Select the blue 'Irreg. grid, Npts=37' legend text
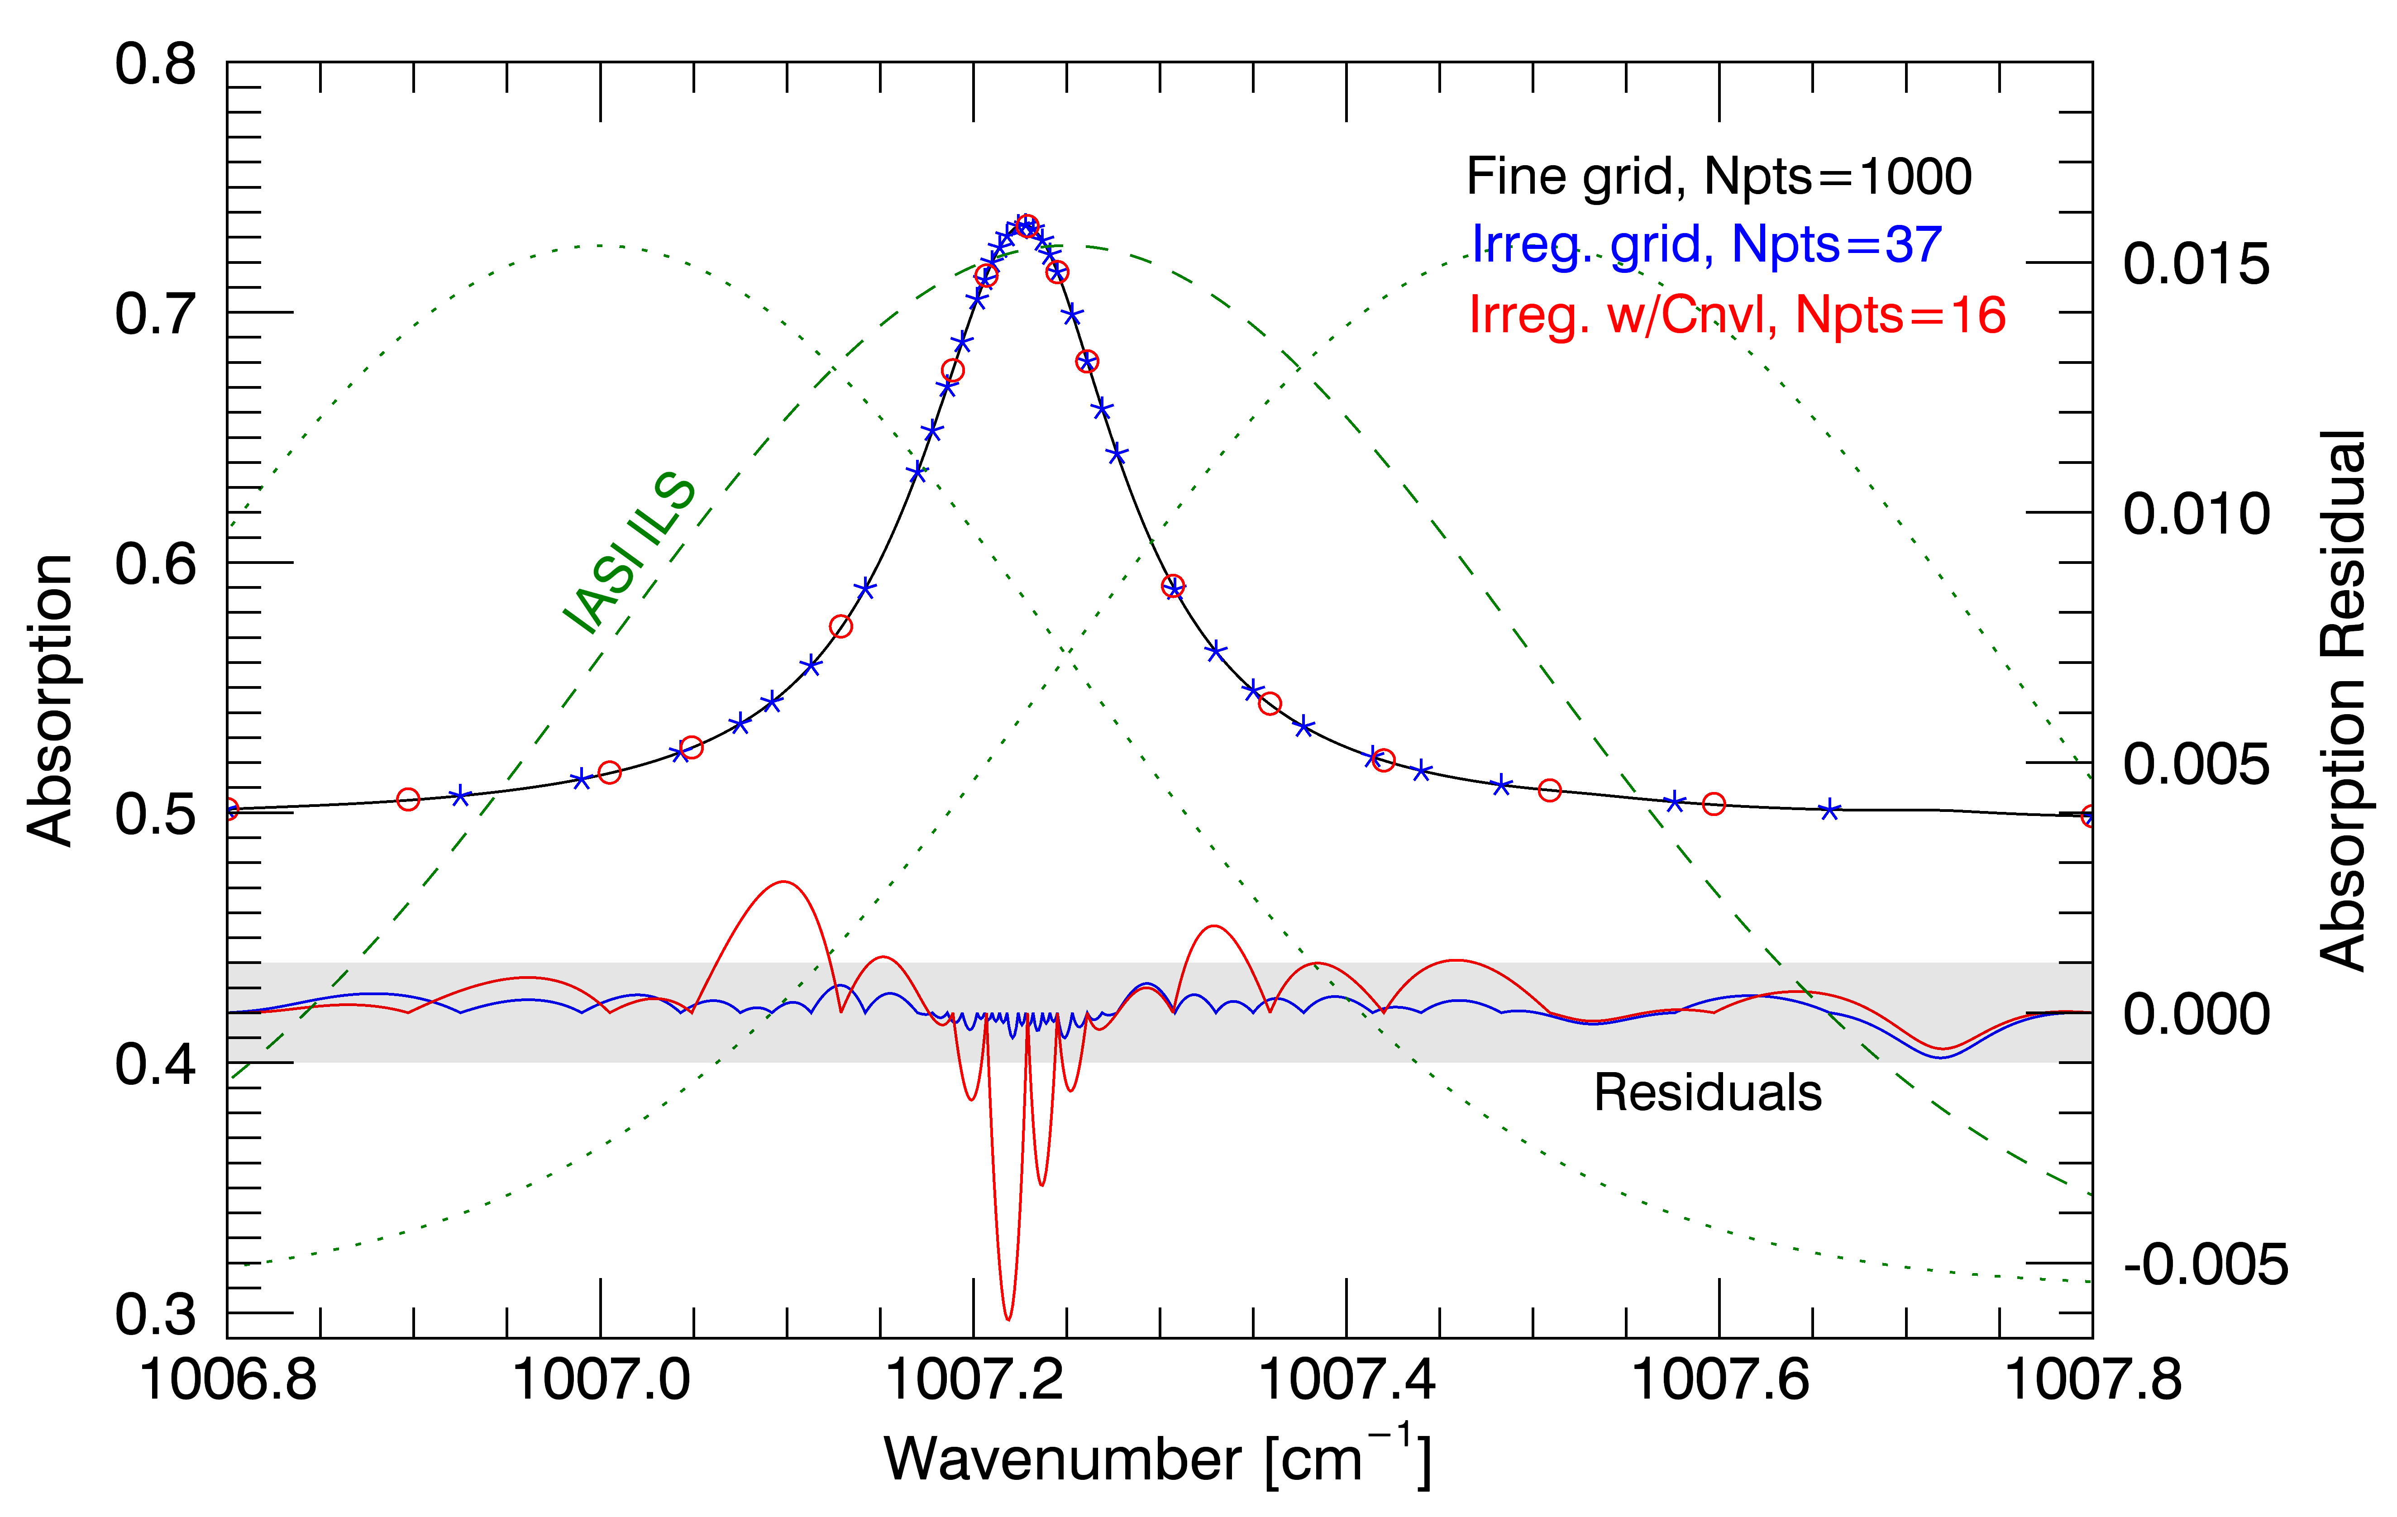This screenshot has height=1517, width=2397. (1706, 245)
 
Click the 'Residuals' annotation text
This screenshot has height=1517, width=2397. (1707, 1093)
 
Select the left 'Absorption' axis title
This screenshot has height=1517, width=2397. (50, 700)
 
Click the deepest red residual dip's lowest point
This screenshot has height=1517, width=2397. (1008, 1319)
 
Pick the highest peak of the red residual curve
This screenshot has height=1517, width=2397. (784, 882)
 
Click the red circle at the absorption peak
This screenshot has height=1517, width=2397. (1027, 226)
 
